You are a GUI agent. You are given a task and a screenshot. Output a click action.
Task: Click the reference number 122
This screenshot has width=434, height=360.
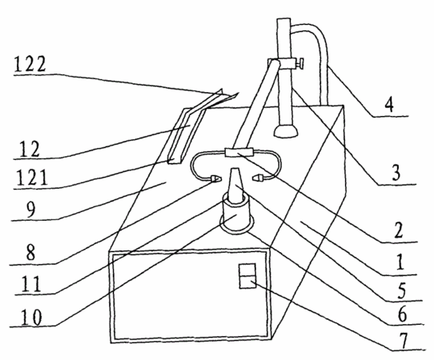point(30,64)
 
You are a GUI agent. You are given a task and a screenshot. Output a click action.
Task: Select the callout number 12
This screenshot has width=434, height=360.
point(30,149)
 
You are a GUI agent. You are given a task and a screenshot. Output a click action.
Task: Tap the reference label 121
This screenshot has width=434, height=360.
point(32,178)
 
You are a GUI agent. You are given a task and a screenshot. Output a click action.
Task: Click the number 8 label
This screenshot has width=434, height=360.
point(30,252)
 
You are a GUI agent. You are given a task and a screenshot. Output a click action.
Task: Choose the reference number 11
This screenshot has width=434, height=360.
point(31,284)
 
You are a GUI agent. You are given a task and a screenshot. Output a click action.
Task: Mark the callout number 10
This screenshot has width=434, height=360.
point(31,317)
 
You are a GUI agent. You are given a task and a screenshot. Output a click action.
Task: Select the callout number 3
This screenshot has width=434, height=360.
point(396,172)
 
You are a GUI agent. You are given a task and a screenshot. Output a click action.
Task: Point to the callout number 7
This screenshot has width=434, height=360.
point(404,341)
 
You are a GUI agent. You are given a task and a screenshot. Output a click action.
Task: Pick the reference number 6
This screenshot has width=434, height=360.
point(402,314)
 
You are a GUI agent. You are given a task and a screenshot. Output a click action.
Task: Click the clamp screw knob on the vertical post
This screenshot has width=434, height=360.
point(300,64)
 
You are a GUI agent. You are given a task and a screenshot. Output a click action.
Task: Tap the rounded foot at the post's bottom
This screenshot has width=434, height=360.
point(286,131)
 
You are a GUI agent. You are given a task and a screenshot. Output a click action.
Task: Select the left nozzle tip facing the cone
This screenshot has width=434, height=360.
point(215,179)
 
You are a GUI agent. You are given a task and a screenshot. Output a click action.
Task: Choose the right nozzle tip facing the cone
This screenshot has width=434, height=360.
point(258,177)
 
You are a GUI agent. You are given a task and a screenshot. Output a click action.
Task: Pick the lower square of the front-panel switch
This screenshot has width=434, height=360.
point(247,282)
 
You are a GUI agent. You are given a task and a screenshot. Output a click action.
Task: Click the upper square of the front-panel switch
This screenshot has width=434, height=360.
point(247,270)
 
